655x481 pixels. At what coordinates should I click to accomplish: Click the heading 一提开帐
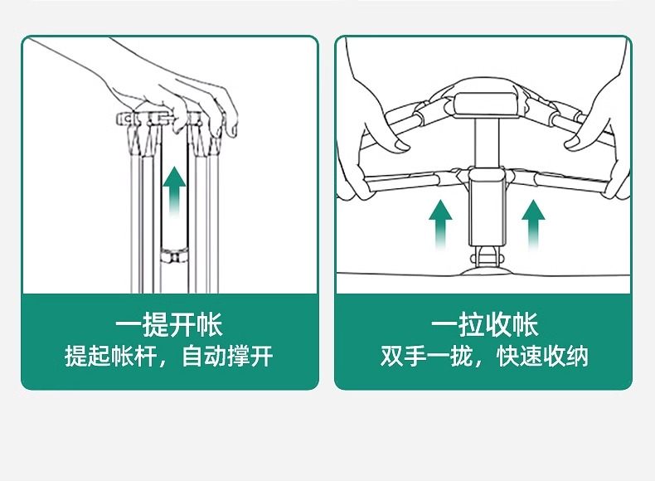click(x=169, y=324)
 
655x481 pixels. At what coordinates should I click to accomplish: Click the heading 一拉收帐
click(x=485, y=324)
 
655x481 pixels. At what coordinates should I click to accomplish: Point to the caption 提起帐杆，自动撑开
click(x=169, y=357)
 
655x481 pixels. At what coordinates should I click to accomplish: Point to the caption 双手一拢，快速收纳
click(x=485, y=357)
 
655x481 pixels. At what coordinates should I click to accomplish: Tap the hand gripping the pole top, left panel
click(x=182, y=91)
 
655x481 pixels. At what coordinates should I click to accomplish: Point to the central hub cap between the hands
click(x=488, y=100)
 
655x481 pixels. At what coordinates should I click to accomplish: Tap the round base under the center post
click(x=486, y=264)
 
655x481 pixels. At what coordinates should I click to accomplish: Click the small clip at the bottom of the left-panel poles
click(x=174, y=254)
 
